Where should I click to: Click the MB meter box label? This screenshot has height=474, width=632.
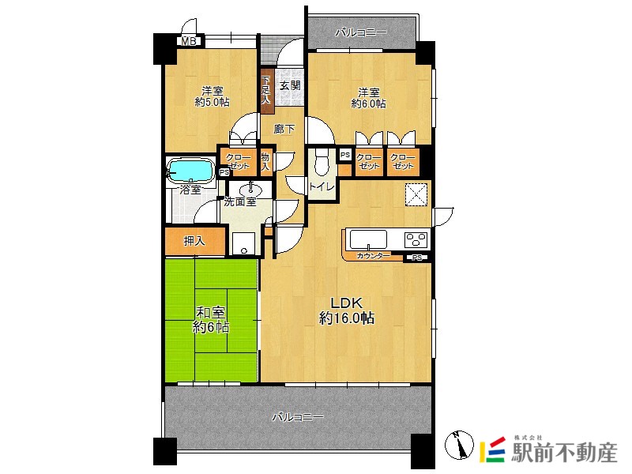click(x=188, y=41)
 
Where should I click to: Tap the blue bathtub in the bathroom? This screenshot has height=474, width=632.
click(x=190, y=171)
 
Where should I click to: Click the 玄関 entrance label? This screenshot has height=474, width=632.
click(x=290, y=85)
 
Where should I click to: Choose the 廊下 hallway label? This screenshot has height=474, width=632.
click(x=284, y=130)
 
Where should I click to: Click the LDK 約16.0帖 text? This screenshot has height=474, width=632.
click(x=347, y=310)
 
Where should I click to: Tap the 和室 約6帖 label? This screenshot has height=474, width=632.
click(x=210, y=320)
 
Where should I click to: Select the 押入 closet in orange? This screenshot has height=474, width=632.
click(x=194, y=241)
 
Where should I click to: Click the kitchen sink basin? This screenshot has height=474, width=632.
click(x=368, y=239)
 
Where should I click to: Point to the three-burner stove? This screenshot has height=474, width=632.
click(x=416, y=239)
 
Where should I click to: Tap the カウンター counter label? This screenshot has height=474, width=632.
click(x=373, y=256)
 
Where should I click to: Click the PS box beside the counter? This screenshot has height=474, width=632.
click(x=417, y=258)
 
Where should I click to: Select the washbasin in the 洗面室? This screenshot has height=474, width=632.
click(x=250, y=189)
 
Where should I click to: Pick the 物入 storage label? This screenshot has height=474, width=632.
click(x=265, y=161)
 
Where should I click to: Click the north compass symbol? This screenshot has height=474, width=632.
click(x=460, y=445)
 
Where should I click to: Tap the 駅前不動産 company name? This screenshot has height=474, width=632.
click(x=564, y=453)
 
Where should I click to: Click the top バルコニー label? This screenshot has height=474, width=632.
click(x=361, y=32)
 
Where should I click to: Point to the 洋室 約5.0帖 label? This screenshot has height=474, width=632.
click(x=212, y=96)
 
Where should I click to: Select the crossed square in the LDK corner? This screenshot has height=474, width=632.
click(x=416, y=194)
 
